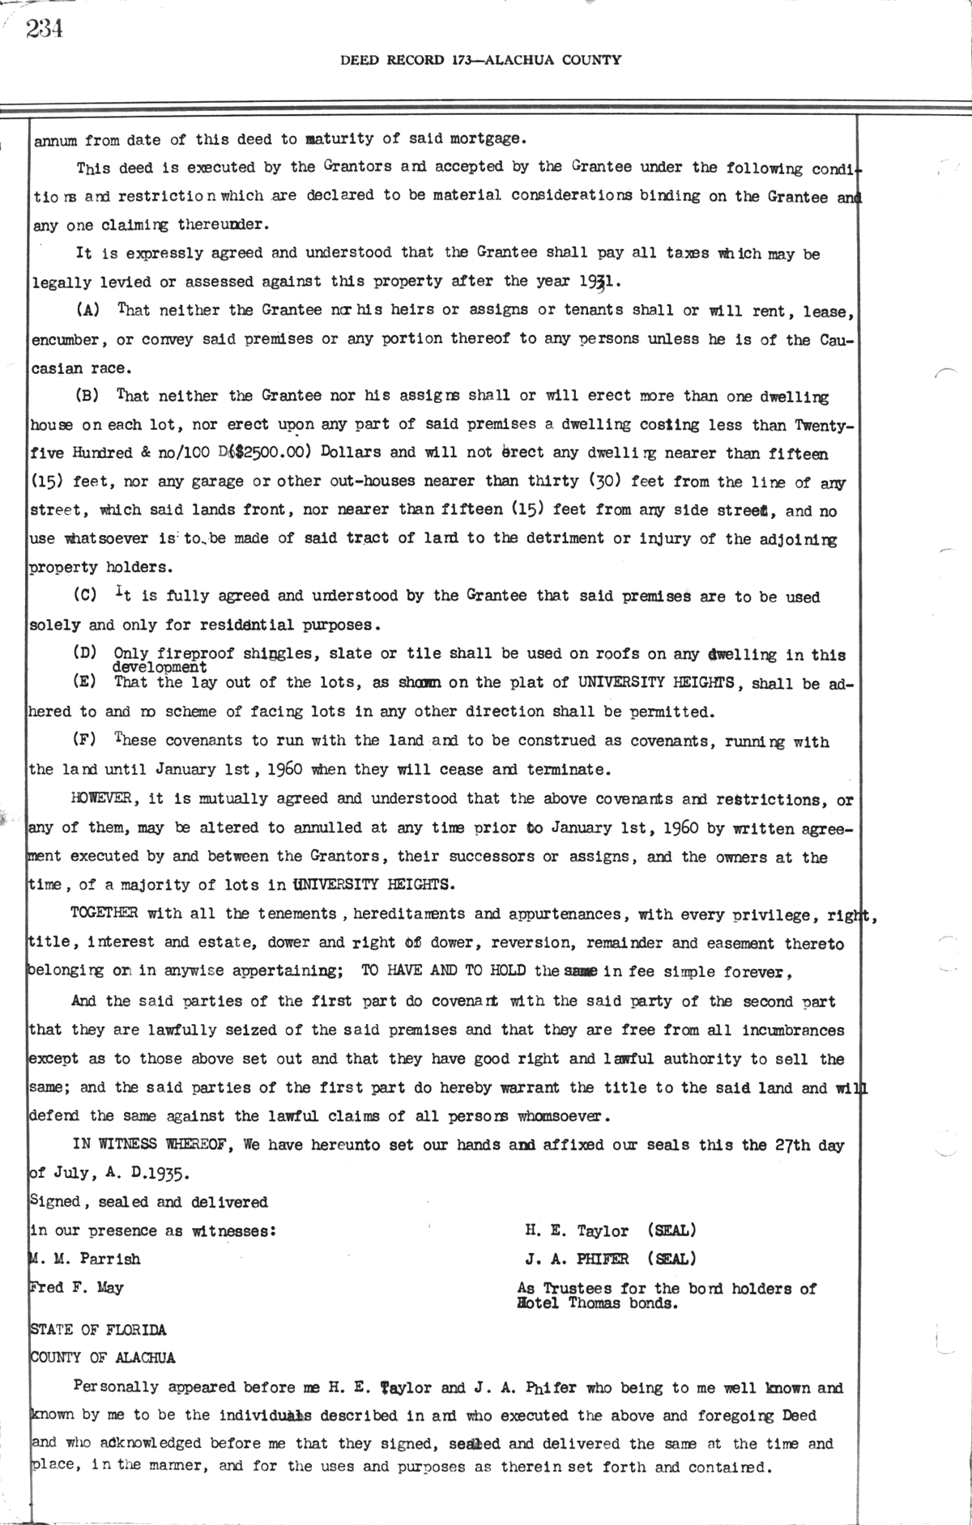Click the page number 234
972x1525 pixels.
[45, 29]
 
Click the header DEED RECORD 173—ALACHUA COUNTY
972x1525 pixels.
[481, 60]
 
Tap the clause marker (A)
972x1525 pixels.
[87, 310]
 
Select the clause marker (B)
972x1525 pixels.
[87, 396]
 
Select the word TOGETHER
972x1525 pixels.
[104, 914]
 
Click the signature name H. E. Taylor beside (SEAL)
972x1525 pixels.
[576, 1231]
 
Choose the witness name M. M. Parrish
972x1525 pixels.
[85, 1260]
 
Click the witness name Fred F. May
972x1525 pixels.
[77, 1288]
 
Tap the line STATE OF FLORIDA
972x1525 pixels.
[97, 1330]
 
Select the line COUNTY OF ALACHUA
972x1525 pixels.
[102, 1358]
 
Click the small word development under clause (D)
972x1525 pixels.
[160, 668]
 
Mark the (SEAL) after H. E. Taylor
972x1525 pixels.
[671, 1231]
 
